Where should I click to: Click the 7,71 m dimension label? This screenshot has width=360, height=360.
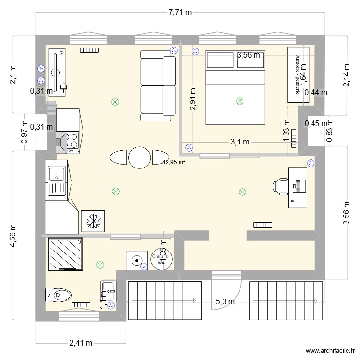pos(180,13)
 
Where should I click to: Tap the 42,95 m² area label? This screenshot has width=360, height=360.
pos(174,162)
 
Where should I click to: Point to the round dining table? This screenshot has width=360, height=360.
pos(139,157)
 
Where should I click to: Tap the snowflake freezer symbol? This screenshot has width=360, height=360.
pos(93,221)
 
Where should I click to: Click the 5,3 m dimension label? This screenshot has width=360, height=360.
pos(225,301)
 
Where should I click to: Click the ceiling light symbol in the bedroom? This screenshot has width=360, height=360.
pos(239,101)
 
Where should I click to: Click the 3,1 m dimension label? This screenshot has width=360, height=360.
pos(240,142)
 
